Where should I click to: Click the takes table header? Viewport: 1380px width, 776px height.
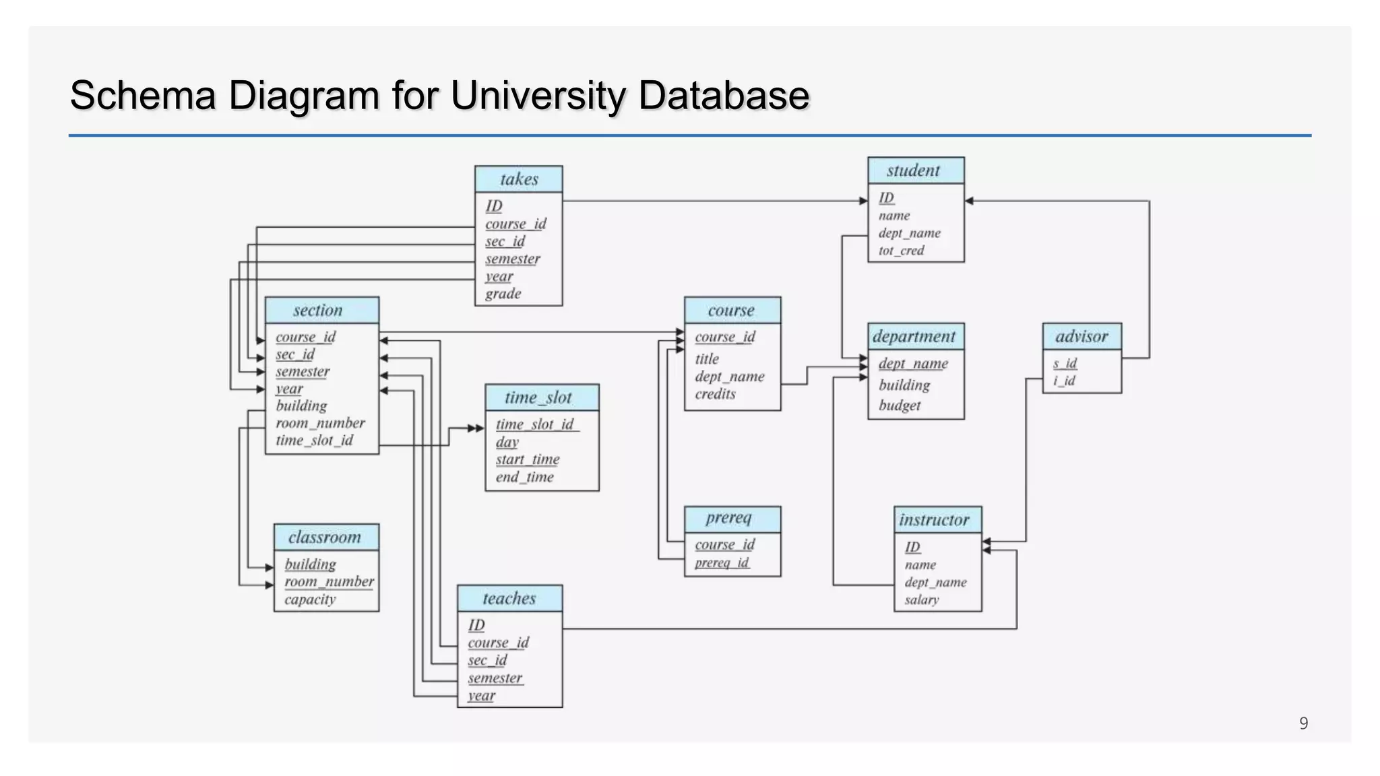click(519, 179)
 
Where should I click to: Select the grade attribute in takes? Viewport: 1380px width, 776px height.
click(503, 294)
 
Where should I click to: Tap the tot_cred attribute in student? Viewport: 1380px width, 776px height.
click(901, 251)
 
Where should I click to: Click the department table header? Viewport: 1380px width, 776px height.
click(915, 336)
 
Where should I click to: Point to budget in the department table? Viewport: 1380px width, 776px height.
click(899, 406)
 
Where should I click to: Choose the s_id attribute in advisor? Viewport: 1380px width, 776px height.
click(1065, 364)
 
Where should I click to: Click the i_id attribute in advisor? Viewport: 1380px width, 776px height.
click(1064, 381)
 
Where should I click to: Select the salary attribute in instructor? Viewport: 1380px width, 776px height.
click(921, 600)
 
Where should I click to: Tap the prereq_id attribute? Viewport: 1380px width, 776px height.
click(722, 562)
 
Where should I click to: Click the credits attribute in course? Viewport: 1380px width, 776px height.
click(715, 394)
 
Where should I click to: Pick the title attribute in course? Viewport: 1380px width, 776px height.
click(707, 359)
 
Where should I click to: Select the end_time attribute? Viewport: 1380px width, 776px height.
click(524, 477)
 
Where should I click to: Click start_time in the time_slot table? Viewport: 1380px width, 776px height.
click(528, 459)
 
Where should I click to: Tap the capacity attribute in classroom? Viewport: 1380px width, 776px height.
click(310, 600)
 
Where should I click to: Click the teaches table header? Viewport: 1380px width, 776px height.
click(509, 598)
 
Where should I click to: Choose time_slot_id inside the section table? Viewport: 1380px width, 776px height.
click(314, 441)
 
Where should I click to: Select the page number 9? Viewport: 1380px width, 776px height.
click(1303, 723)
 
